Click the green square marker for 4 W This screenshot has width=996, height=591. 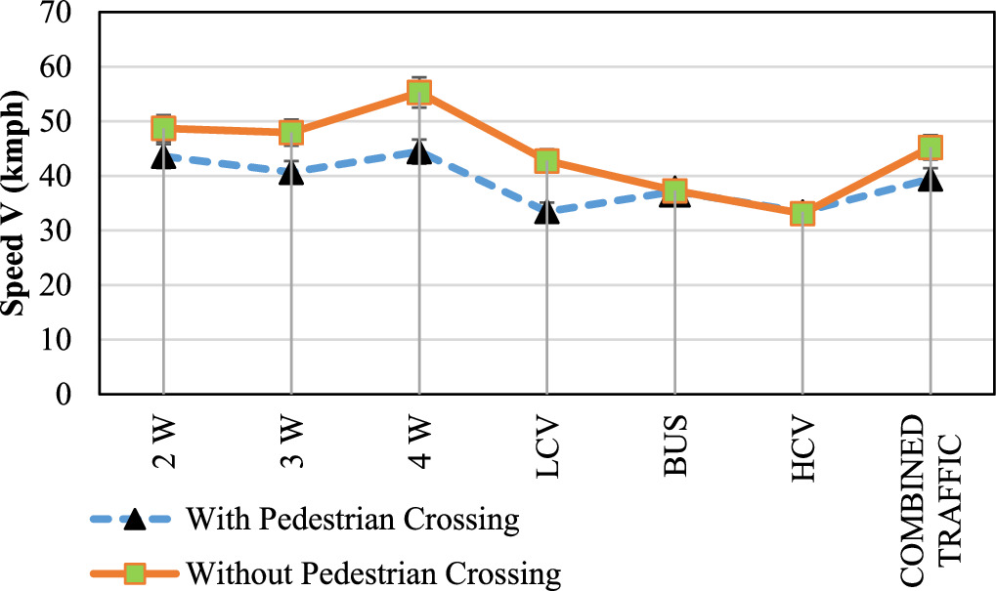pos(418,93)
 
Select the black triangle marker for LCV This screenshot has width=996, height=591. pos(546,211)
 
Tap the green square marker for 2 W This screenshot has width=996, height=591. pos(163,128)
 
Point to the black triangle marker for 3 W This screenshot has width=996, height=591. pos(290,174)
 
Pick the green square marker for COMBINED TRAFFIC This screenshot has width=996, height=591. pos(930,148)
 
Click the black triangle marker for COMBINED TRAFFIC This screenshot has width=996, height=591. pos(930,180)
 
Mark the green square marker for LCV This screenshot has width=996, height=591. pos(546,161)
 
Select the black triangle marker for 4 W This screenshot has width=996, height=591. pos(418,152)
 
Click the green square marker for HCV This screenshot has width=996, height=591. pos(801,213)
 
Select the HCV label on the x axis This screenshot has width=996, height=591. pos(802,447)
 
